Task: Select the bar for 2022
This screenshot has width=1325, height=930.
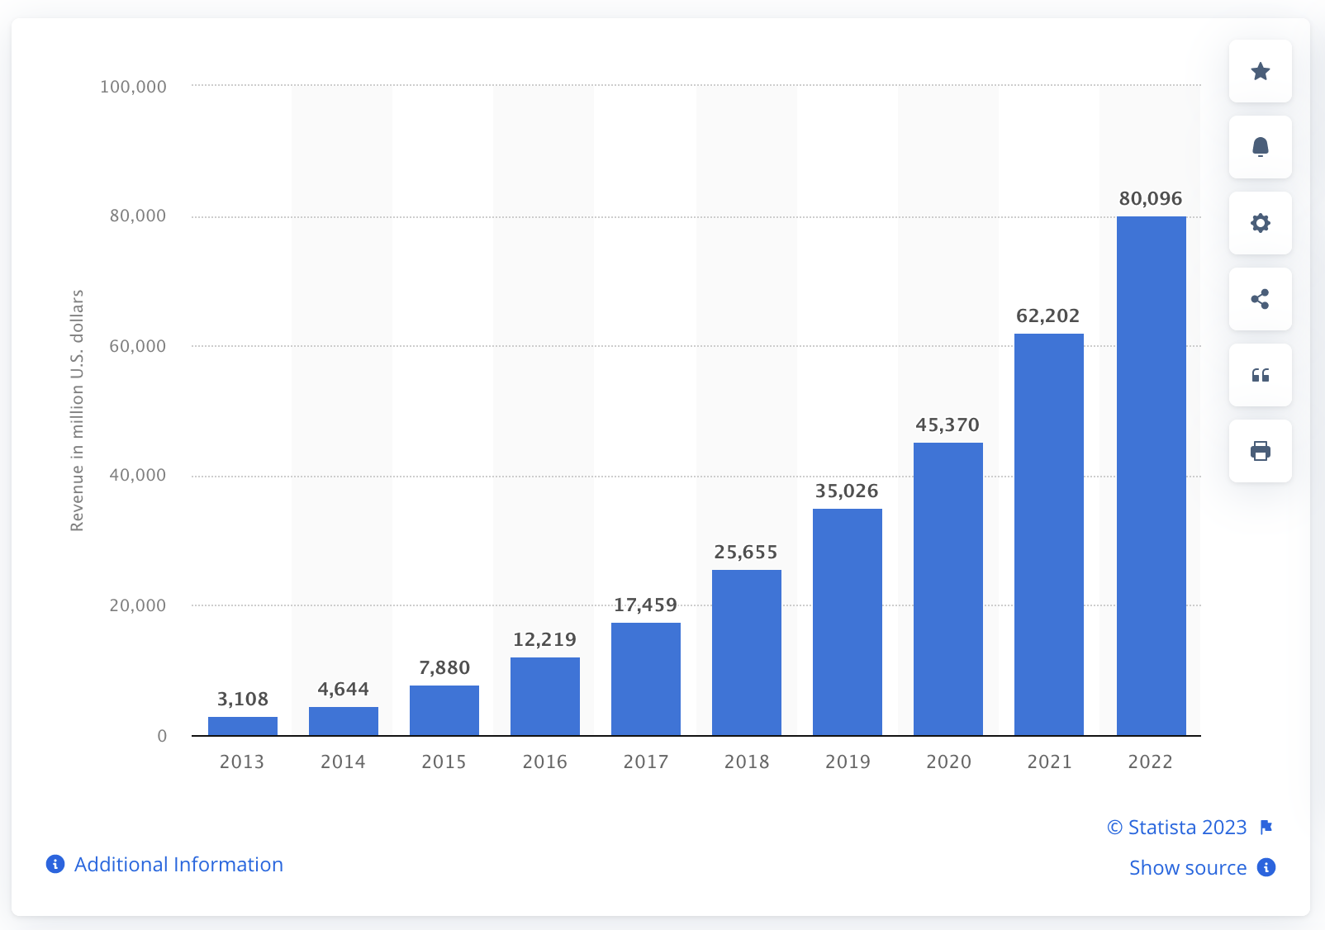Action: pyautogui.click(x=1151, y=476)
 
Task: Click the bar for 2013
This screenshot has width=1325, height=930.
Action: pyautogui.click(x=243, y=726)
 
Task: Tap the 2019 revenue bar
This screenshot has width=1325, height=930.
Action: pyautogui.click(x=847, y=622)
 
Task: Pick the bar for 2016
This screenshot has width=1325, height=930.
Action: pyautogui.click(x=545, y=696)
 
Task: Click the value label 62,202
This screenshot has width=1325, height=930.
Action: pyautogui.click(x=1047, y=316)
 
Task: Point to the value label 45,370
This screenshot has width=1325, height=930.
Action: pyautogui.click(x=947, y=425)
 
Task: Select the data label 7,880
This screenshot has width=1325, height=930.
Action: pyautogui.click(x=444, y=667)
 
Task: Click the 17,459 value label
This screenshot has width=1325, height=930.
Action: pyautogui.click(x=645, y=605)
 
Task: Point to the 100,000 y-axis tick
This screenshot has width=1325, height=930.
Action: pyautogui.click(x=133, y=87)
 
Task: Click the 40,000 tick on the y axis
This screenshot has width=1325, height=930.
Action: pyautogui.click(x=137, y=475)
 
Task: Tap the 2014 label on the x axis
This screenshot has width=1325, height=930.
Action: pyautogui.click(x=343, y=762)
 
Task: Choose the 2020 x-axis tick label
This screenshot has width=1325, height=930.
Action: pyautogui.click(x=948, y=762)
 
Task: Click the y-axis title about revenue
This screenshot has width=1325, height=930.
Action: pyautogui.click(x=77, y=410)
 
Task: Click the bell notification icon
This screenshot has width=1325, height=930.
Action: pyautogui.click(x=1260, y=147)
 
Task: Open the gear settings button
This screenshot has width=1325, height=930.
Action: pyautogui.click(x=1260, y=223)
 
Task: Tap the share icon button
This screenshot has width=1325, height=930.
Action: pyautogui.click(x=1260, y=299)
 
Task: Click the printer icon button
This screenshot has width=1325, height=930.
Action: pyautogui.click(x=1260, y=451)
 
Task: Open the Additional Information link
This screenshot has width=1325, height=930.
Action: pyautogui.click(x=178, y=865)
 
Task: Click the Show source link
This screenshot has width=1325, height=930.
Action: pyautogui.click(x=1188, y=867)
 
